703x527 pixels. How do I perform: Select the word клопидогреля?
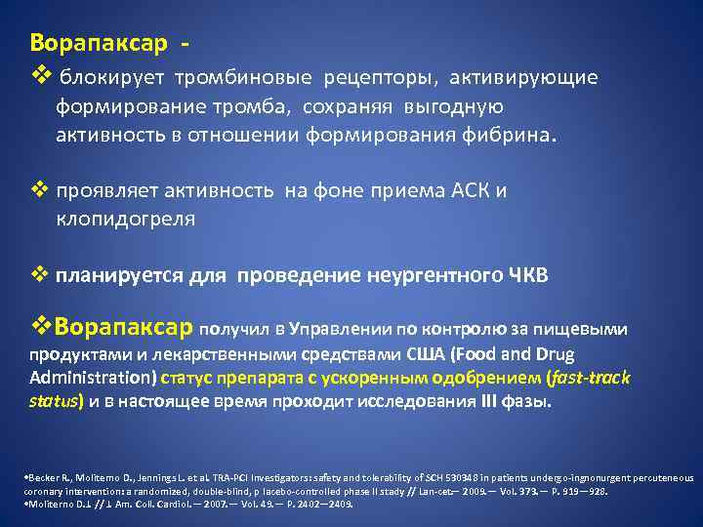pos(126,219)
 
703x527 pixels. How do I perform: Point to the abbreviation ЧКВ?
pos(527,275)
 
